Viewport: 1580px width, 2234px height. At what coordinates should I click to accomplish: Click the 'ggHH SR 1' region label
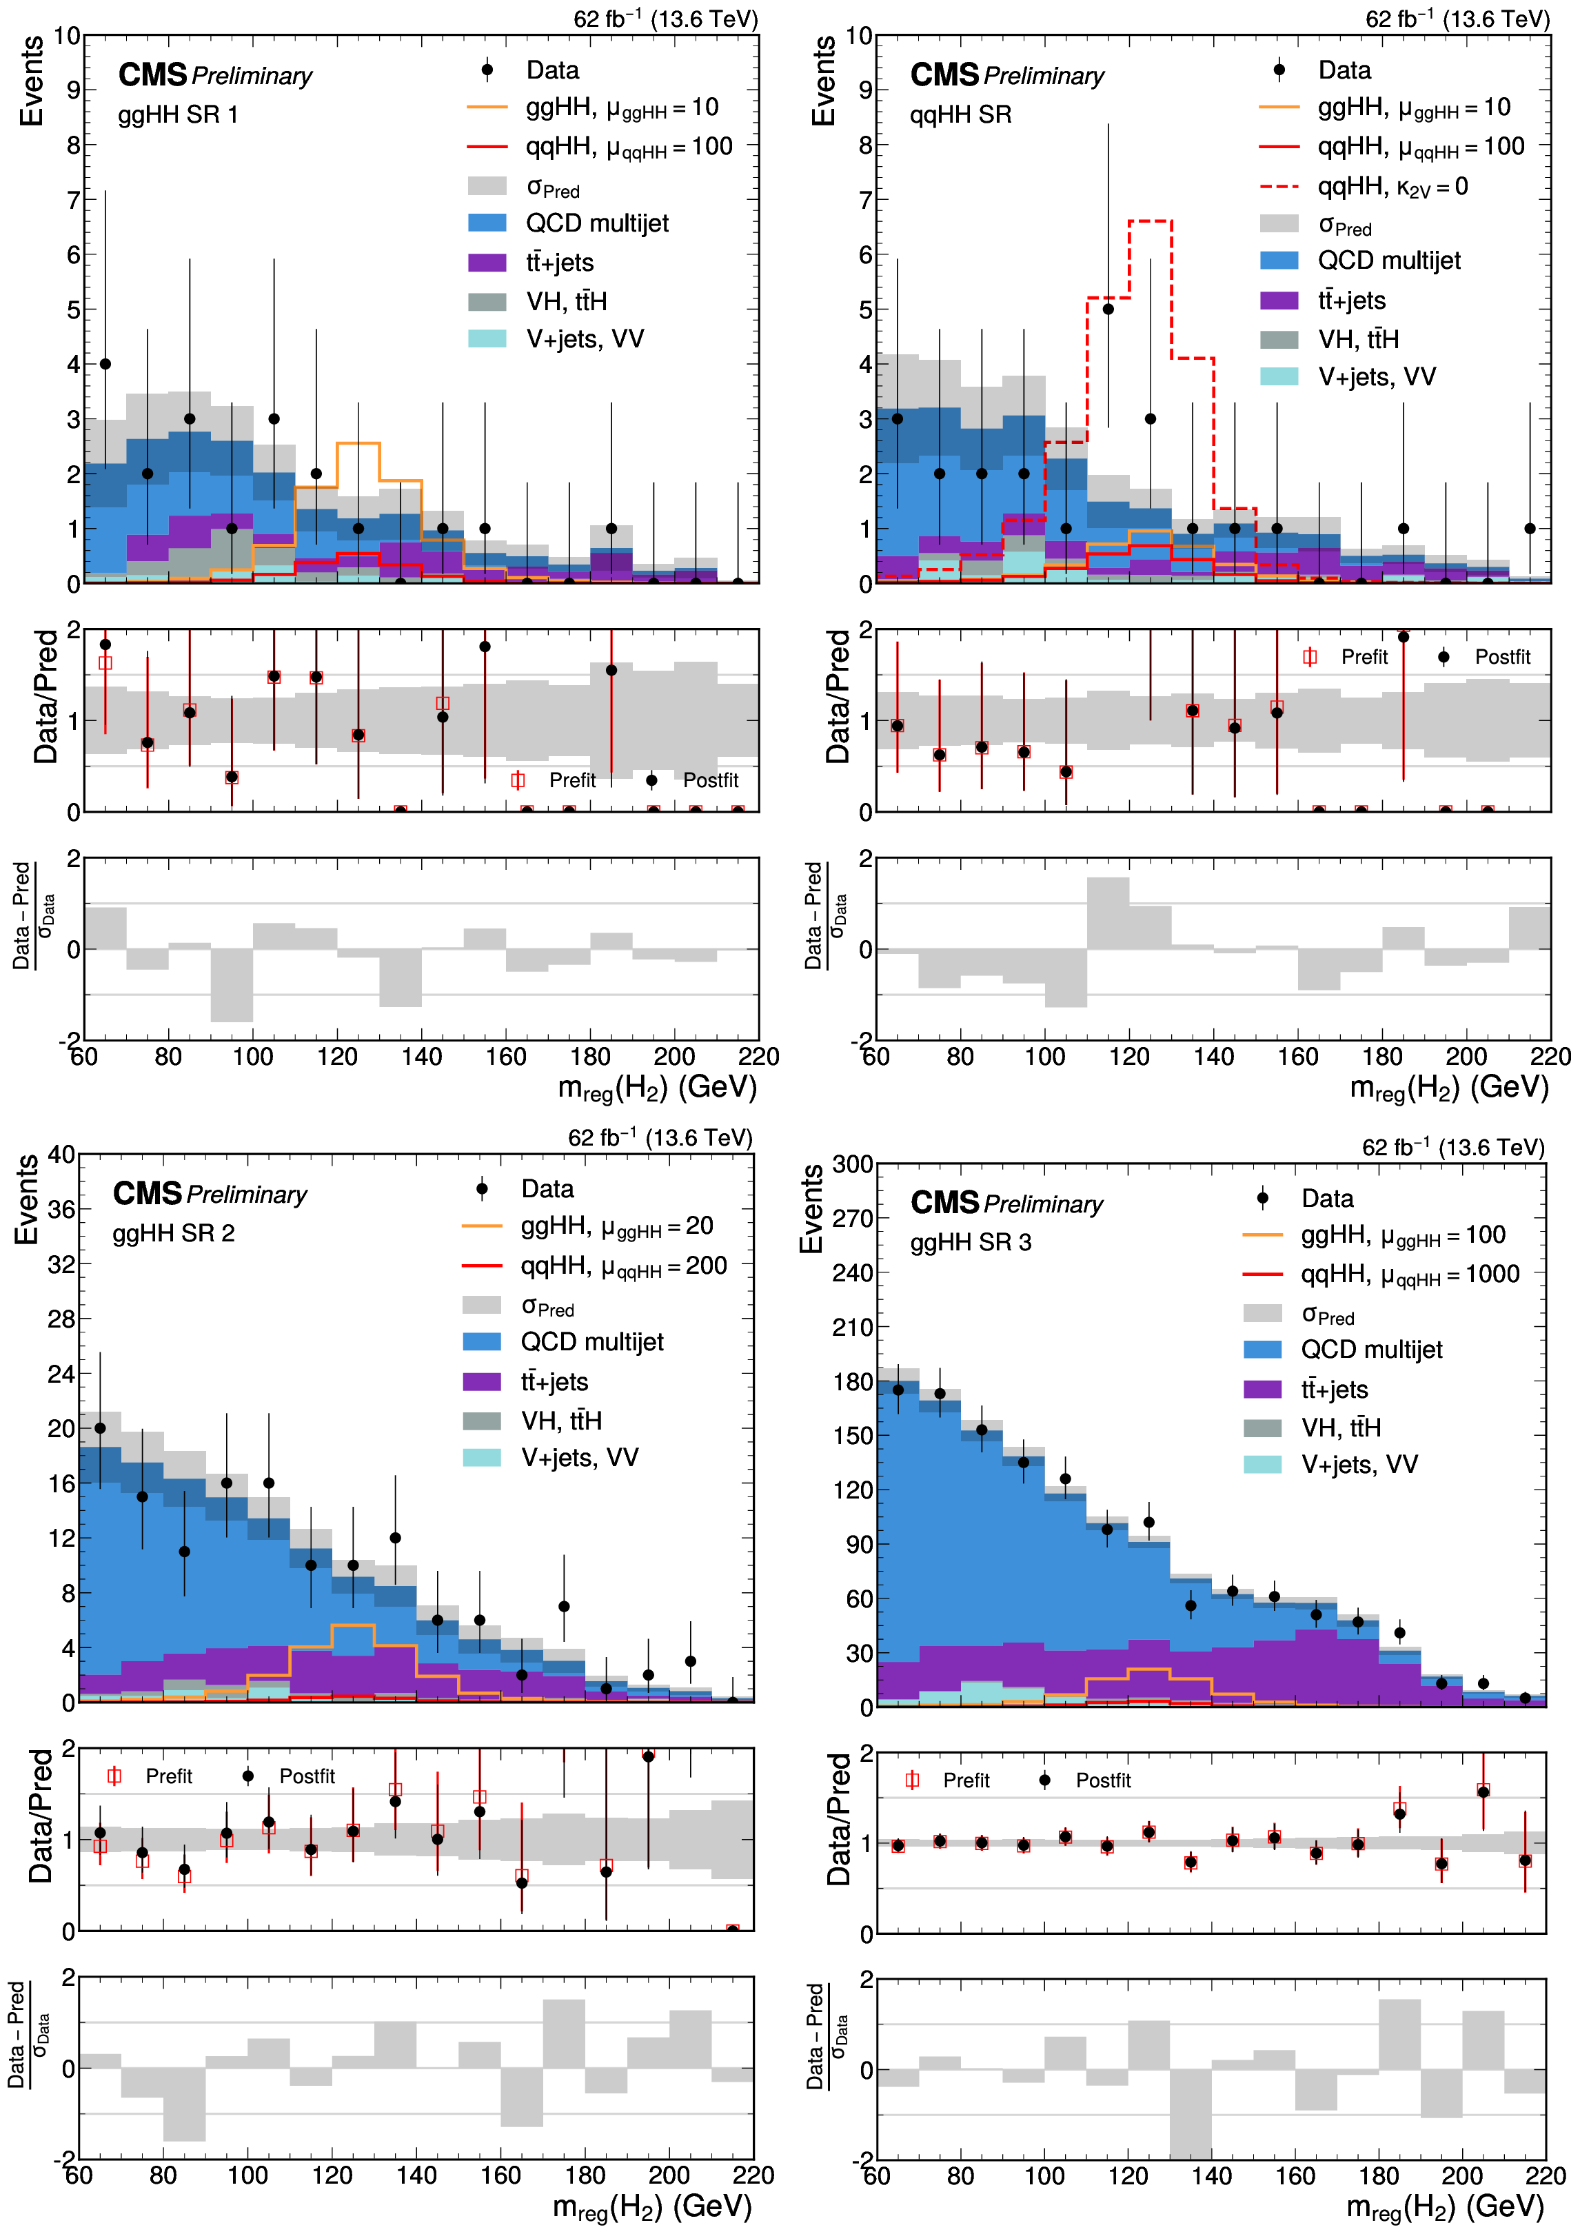coord(178,115)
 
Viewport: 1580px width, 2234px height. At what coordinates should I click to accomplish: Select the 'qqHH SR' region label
coord(960,115)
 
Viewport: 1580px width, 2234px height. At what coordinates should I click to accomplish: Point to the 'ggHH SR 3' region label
coord(970,1243)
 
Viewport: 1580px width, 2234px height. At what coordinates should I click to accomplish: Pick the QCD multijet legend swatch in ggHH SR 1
coord(487,223)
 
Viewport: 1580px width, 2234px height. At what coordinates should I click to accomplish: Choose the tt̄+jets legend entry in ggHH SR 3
coord(1334,1390)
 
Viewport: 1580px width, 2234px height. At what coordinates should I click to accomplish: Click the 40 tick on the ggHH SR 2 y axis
coord(61,1155)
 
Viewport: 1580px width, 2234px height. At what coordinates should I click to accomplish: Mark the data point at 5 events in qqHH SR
coord(1108,309)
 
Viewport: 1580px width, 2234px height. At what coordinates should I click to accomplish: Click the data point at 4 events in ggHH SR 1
coord(105,364)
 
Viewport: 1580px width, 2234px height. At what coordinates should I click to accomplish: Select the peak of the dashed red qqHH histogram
coord(1150,222)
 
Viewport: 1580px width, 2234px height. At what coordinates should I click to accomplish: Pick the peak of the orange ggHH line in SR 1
coord(358,444)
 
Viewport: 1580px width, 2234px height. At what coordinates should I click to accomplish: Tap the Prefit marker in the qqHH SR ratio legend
coord(1310,657)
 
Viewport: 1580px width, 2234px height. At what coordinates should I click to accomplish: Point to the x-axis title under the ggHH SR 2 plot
coord(652,2206)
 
